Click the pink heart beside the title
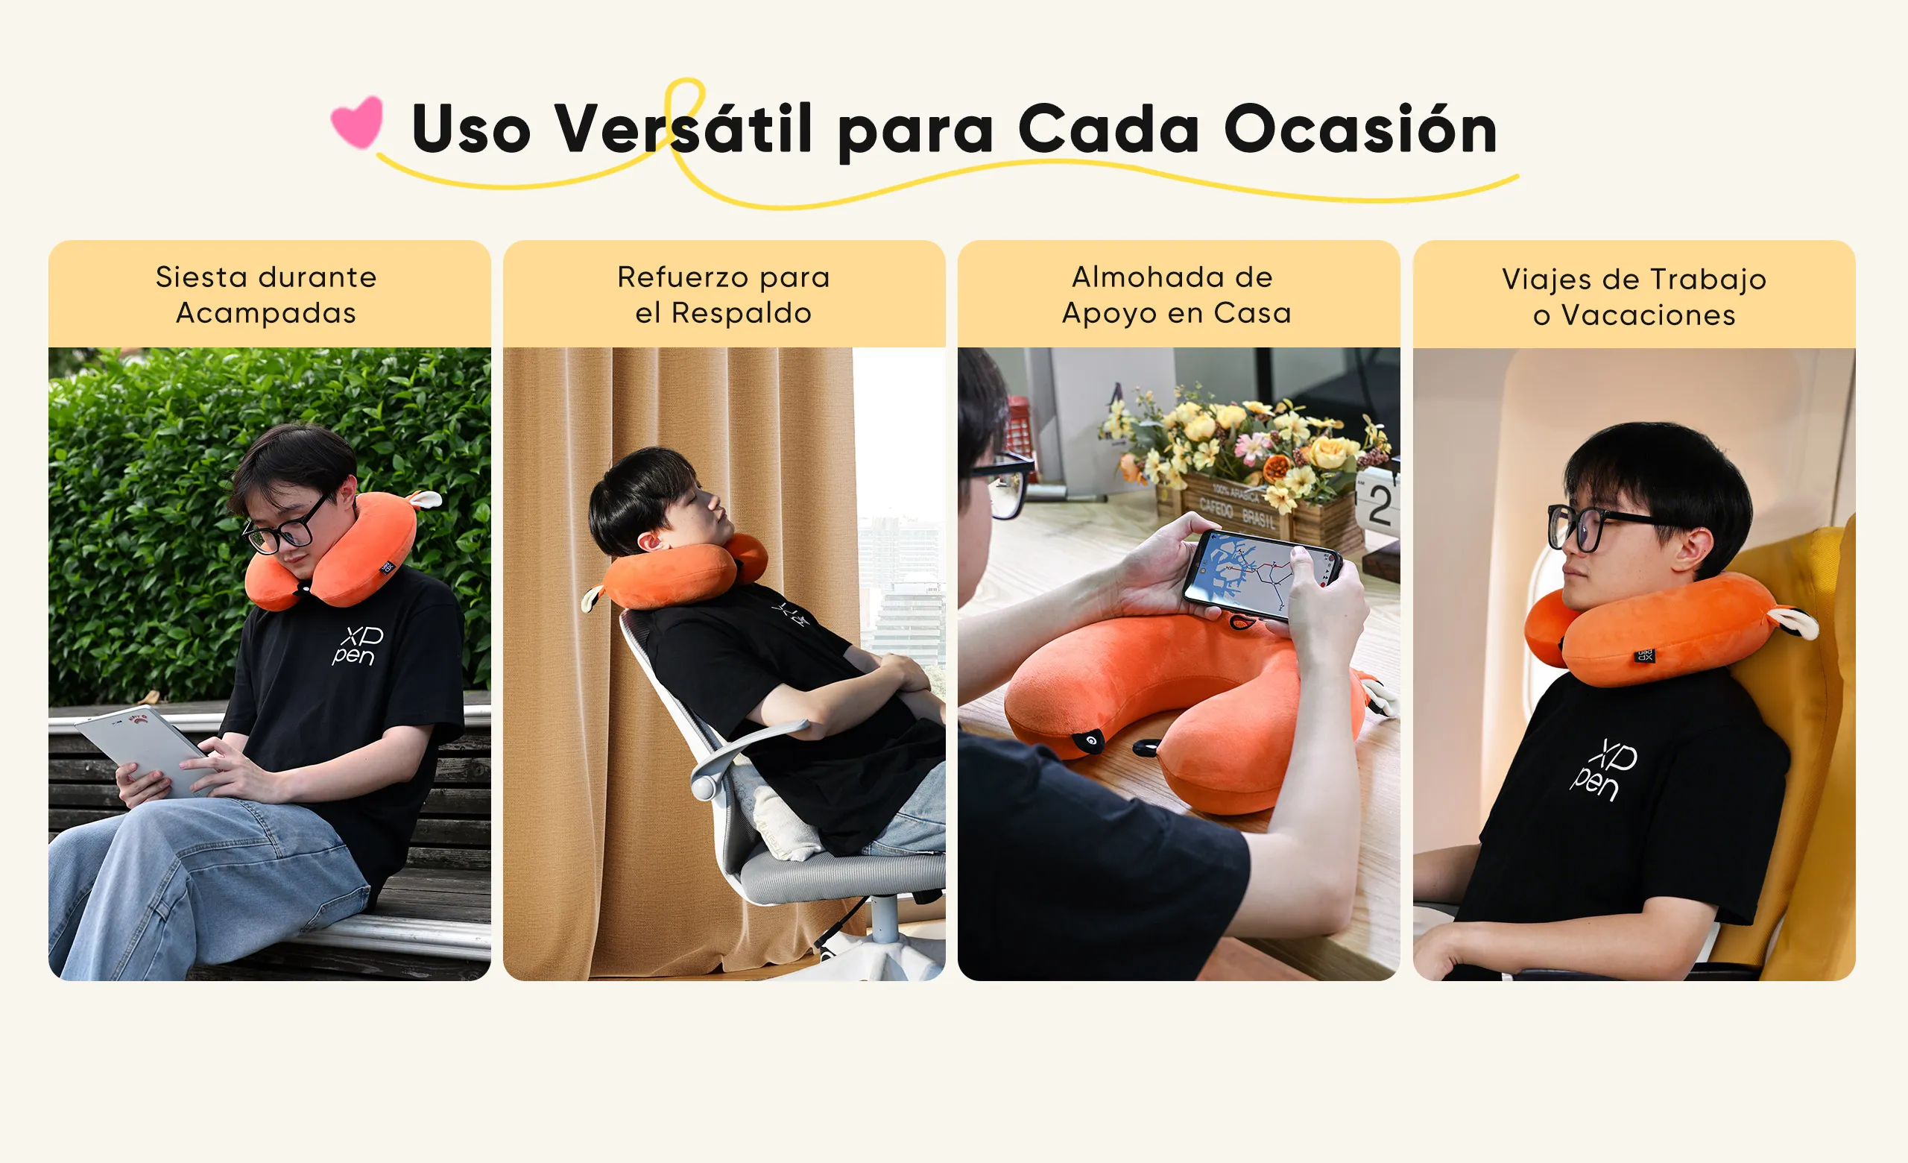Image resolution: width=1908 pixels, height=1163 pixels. [357, 122]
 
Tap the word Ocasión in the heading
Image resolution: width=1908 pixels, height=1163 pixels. [1360, 127]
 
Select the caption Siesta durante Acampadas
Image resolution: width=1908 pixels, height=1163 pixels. [266, 295]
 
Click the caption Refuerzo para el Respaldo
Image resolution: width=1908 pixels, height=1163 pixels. [723, 295]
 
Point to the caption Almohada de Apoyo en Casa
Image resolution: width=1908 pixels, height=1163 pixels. [1177, 295]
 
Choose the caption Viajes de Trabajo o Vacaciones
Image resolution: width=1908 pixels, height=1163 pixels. [1634, 297]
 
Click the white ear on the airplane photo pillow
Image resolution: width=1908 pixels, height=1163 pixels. [1795, 622]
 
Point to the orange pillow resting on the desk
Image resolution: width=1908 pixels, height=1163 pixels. [1185, 708]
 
